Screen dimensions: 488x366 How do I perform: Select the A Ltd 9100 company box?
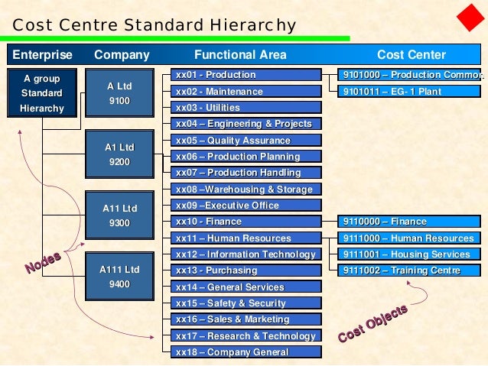(119, 93)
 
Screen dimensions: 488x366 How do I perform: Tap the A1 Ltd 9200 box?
(119, 154)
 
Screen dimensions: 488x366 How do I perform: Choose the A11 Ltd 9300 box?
(119, 215)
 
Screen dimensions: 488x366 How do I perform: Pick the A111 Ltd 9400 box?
(119, 277)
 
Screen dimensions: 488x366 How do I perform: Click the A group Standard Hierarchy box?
(41, 92)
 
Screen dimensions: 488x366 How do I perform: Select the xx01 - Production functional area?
(246, 75)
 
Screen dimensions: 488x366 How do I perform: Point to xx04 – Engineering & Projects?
(246, 124)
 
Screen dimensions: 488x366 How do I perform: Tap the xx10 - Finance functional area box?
(246, 222)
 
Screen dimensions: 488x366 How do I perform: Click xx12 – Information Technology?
(246, 254)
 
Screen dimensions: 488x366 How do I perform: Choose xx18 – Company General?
(246, 352)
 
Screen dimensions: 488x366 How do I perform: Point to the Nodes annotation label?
(43, 262)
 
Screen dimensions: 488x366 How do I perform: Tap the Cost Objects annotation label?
(373, 323)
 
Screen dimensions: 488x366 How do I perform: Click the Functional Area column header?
(240, 55)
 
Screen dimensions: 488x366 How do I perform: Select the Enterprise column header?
(42, 55)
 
